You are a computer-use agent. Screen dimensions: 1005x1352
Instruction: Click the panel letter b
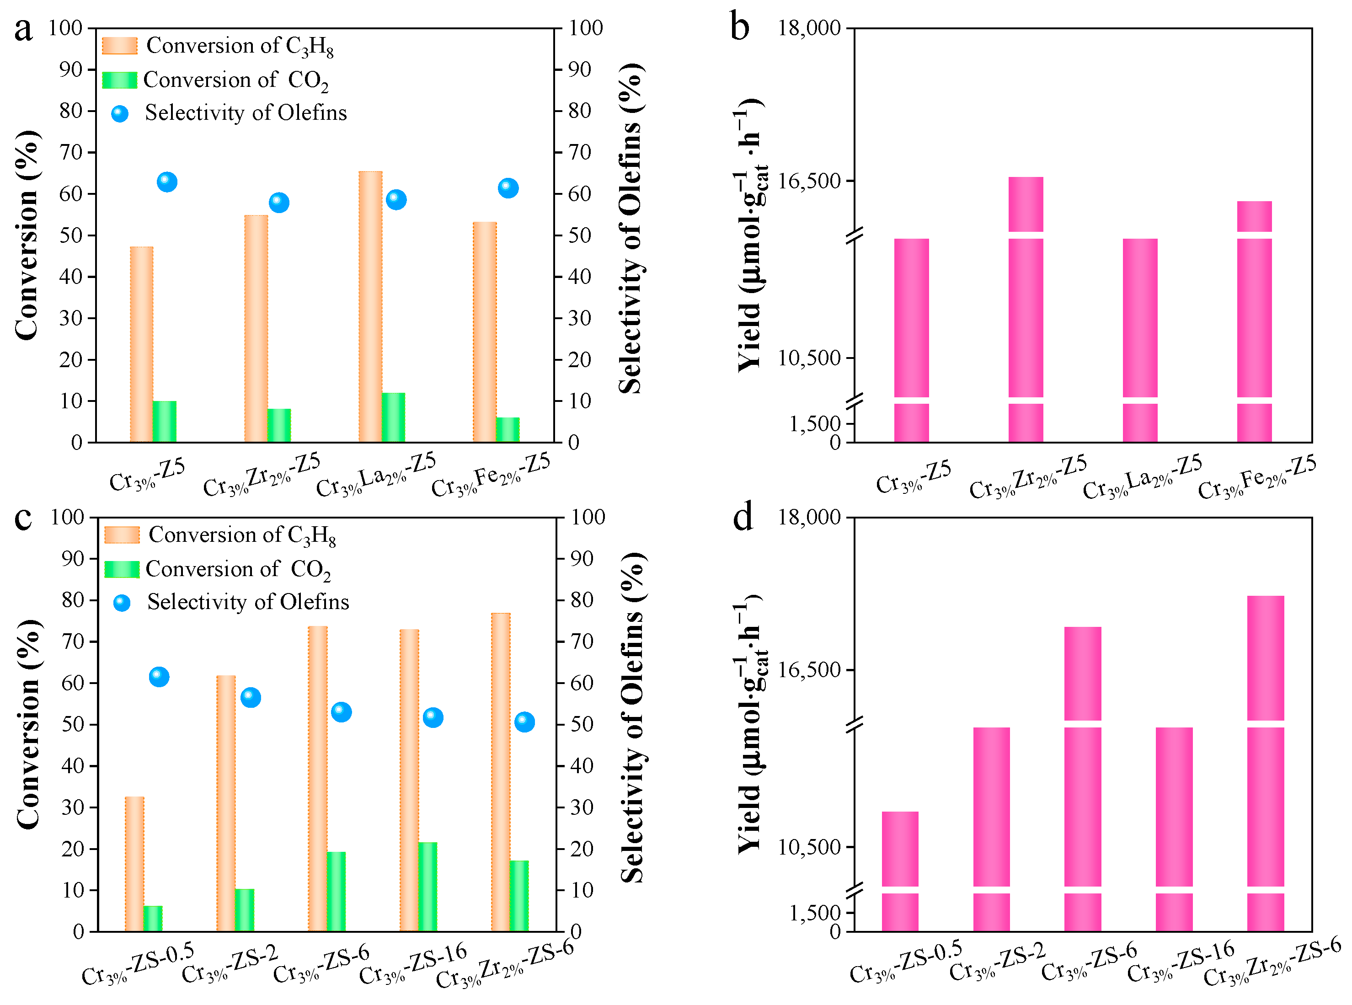coord(740,28)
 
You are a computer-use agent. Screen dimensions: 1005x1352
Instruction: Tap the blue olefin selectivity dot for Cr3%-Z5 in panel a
coord(166,182)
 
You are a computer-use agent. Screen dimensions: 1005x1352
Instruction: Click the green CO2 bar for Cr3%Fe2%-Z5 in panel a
coord(508,429)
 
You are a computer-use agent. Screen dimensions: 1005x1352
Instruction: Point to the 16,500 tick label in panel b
coord(808,181)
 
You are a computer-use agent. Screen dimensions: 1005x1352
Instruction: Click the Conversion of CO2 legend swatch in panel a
coord(120,80)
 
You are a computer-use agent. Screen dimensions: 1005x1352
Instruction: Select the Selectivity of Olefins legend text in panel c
coord(248,602)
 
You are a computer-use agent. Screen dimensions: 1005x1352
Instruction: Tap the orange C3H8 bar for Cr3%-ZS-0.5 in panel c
coord(134,864)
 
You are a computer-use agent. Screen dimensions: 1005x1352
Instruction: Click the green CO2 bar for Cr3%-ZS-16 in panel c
coord(428,887)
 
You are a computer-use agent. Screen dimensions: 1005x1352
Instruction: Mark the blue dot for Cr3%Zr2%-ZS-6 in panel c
coord(524,722)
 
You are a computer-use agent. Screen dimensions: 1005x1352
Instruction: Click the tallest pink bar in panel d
coord(1265,760)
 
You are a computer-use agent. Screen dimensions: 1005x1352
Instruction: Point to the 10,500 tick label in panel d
coord(808,846)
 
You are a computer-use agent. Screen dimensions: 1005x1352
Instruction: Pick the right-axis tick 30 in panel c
coord(582,807)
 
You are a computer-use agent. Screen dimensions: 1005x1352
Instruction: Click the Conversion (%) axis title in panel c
coord(27,724)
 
